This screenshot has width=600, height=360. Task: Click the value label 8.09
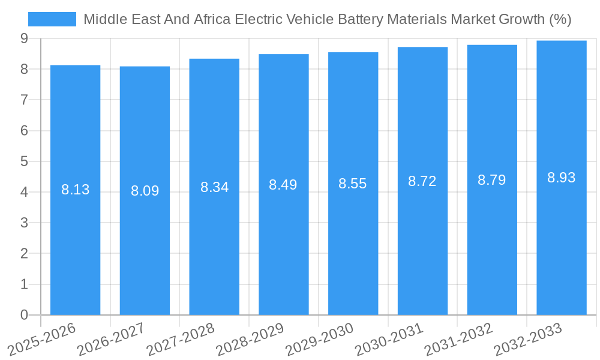[x=145, y=191]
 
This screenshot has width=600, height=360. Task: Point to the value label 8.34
[x=214, y=187]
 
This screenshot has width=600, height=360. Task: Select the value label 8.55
[x=353, y=184]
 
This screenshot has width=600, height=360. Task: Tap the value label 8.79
[x=491, y=179]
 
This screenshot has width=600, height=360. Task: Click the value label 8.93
[x=561, y=178]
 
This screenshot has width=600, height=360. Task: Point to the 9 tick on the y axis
[x=24, y=38]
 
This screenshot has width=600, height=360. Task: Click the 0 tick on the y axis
[x=24, y=315]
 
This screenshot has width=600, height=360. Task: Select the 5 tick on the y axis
[x=24, y=161]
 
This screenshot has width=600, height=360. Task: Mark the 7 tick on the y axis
[x=24, y=100]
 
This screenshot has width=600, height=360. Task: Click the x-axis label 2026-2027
[x=111, y=339]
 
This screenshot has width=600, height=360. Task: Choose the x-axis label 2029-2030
[x=319, y=339]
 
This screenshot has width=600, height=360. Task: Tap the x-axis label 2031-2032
[x=458, y=339]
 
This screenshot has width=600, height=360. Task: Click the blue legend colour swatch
[x=52, y=19]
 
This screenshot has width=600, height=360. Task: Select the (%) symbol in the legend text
[x=559, y=19]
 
